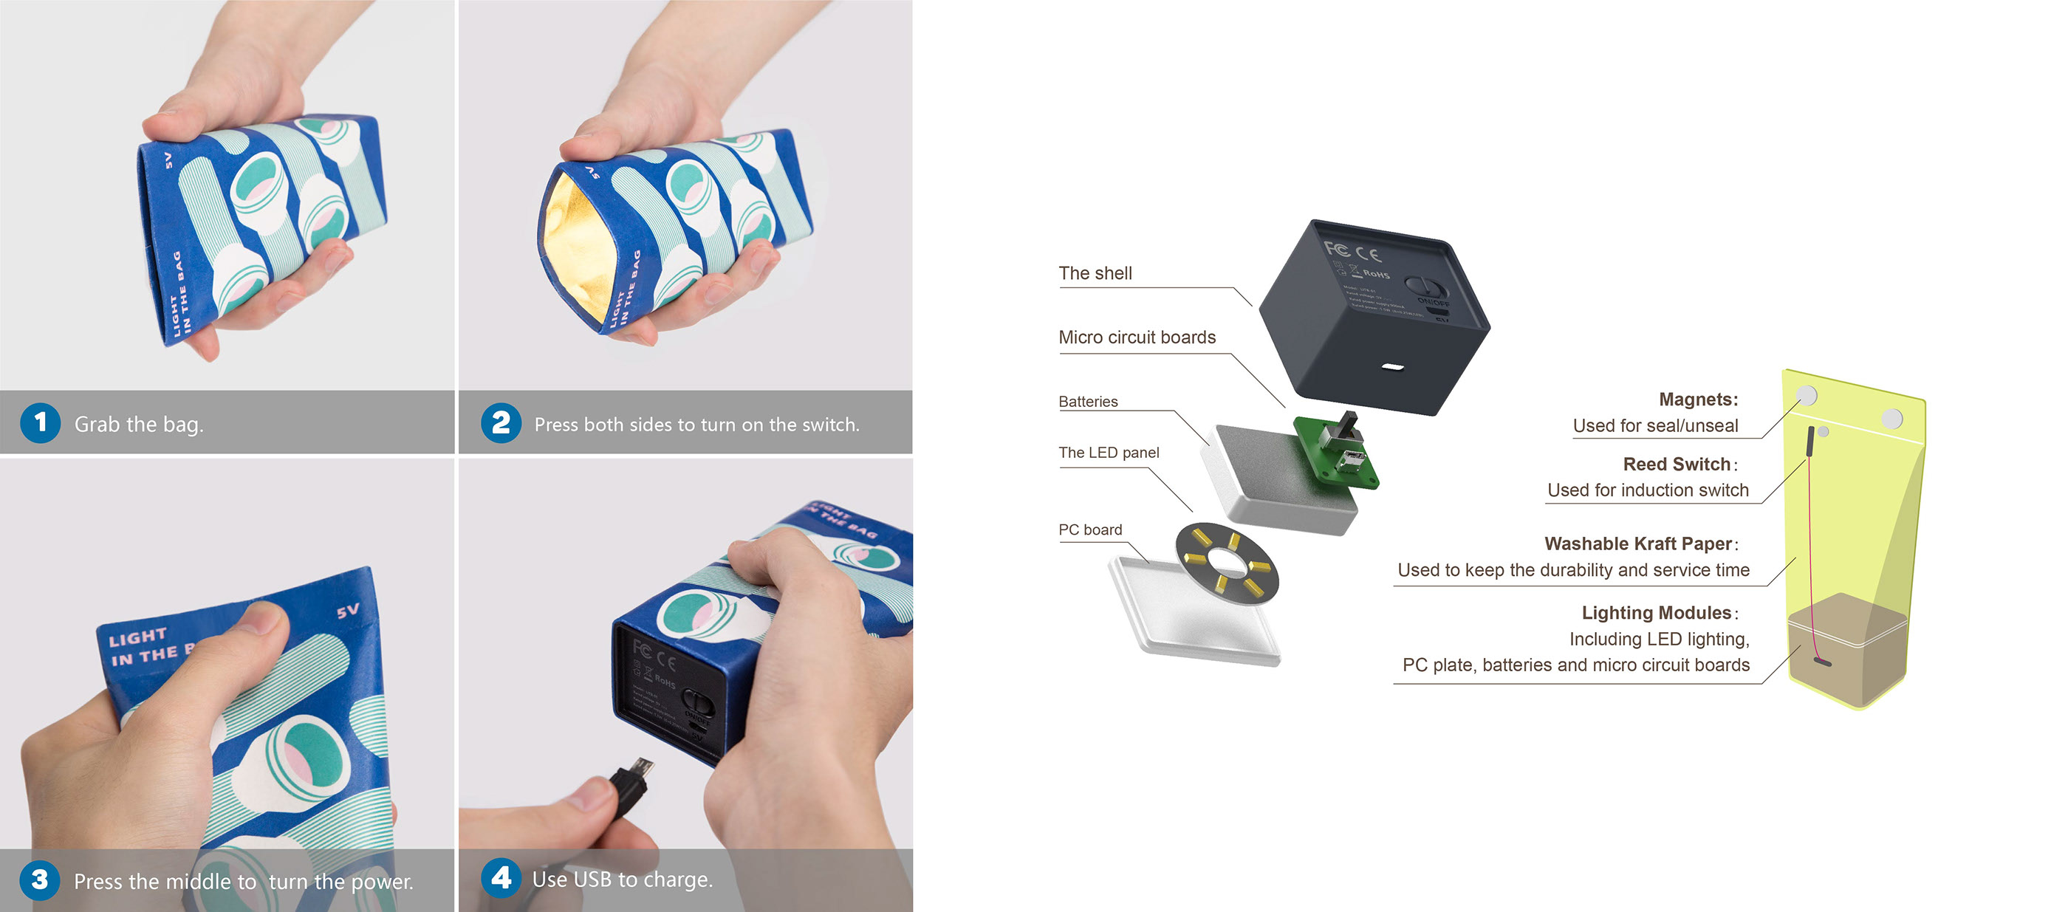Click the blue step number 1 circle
pyautogui.click(x=40, y=423)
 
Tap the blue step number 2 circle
pyautogui.click(x=501, y=423)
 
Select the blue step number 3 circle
pyautogui.click(x=39, y=880)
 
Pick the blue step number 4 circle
pyautogui.click(x=501, y=878)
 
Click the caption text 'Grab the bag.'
pyautogui.click(x=139, y=424)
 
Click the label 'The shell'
pyautogui.click(x=1095, y=274)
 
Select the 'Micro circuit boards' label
pyautogui.click(x=1137, y=338)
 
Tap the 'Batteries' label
pyautogui.click(x=1088, y=402)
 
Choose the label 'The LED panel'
pyautogui.click(x=1109, y=453)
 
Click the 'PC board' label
pyautogui.click(x=1090, y=530)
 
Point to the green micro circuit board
pyautogui.click(x=1337, y=450)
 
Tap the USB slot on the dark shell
pyautogui.click(x=1393, y=367)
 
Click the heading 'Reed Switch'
pyautogui.click(x=1677, y=464)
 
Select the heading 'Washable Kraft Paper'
pyautogui.click(x=1637, y=544)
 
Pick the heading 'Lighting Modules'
pyautogui.click(x=1656, y=612)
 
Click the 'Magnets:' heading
pyautogui.click(x=1697, y=400)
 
